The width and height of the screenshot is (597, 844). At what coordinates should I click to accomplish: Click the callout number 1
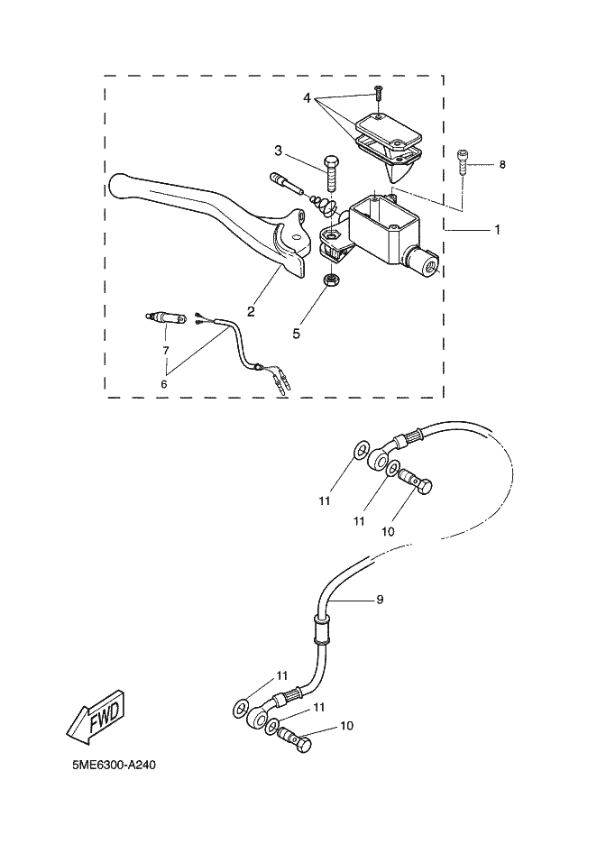tap(496, 230)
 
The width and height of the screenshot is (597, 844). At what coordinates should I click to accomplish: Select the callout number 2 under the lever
tap(251, 312)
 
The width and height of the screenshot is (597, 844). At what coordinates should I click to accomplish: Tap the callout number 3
tap(279, 151)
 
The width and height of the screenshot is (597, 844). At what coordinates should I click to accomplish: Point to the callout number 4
tap(308, 96)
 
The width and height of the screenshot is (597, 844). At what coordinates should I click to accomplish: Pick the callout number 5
tap(296, 333)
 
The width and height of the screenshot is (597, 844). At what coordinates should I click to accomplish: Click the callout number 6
tap(164, 383)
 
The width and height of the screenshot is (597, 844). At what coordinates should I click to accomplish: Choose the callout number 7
tap(166, 349)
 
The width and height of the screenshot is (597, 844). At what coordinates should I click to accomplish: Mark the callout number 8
tap(502, 165)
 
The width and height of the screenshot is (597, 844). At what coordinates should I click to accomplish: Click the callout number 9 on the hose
tap(380, 599)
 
